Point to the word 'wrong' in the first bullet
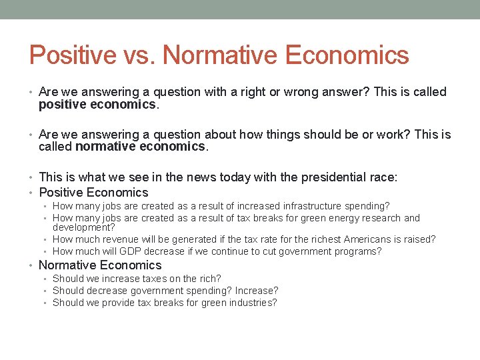(301, 92)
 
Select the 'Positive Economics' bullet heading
(93, 193)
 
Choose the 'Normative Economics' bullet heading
(100, 265)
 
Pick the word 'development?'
(83, 228)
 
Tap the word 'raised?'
(418, 239)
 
